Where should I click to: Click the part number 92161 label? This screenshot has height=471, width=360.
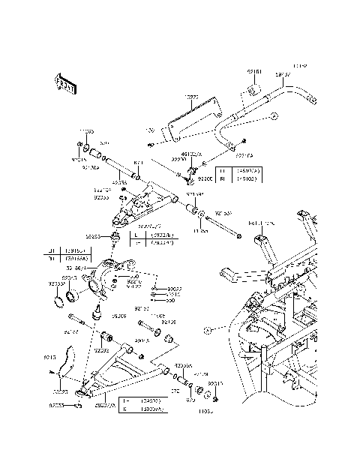(x=254, y=73)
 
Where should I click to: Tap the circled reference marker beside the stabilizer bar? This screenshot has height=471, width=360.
(x=274, y=116)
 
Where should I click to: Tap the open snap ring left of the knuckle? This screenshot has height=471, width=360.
(x=58, y=302)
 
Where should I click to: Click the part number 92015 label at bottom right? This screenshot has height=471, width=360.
(x=214, y=383)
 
